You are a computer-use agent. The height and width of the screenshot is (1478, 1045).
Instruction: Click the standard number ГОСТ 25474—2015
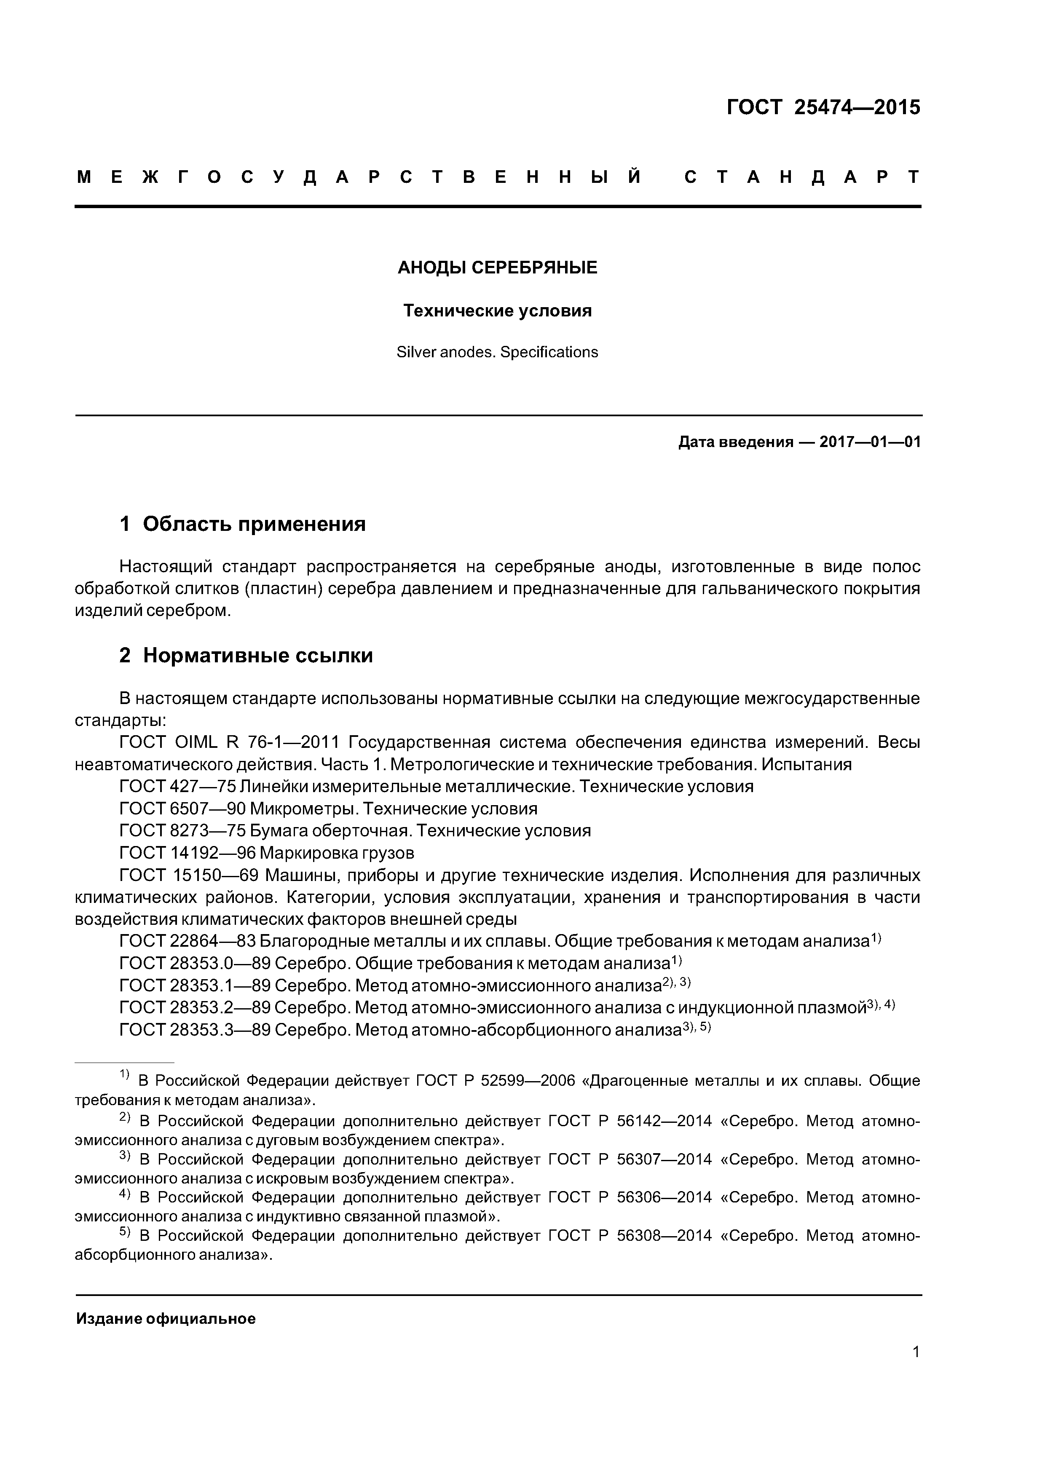(x=823, y=107)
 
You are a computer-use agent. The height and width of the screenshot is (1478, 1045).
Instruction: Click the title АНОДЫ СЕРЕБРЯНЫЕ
(x=497, y=268)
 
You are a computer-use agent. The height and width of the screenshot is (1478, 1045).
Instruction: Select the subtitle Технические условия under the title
(x=497, y=311)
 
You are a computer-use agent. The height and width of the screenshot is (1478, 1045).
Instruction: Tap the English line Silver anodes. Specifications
(x=497, y=352)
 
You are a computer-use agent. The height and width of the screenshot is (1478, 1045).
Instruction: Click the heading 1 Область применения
(x=243, y=524)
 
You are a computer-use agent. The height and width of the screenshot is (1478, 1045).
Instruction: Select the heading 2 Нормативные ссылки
(x=246, y=655)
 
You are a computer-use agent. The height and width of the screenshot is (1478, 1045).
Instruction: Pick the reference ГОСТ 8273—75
(x=178, y=830)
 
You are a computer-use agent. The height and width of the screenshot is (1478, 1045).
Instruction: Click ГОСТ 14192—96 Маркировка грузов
(x=267, y=853)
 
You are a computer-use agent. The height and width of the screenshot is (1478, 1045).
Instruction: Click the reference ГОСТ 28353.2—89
(x=194, y=1007)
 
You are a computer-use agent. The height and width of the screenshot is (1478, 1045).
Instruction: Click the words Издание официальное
(x=166, y=1319)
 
